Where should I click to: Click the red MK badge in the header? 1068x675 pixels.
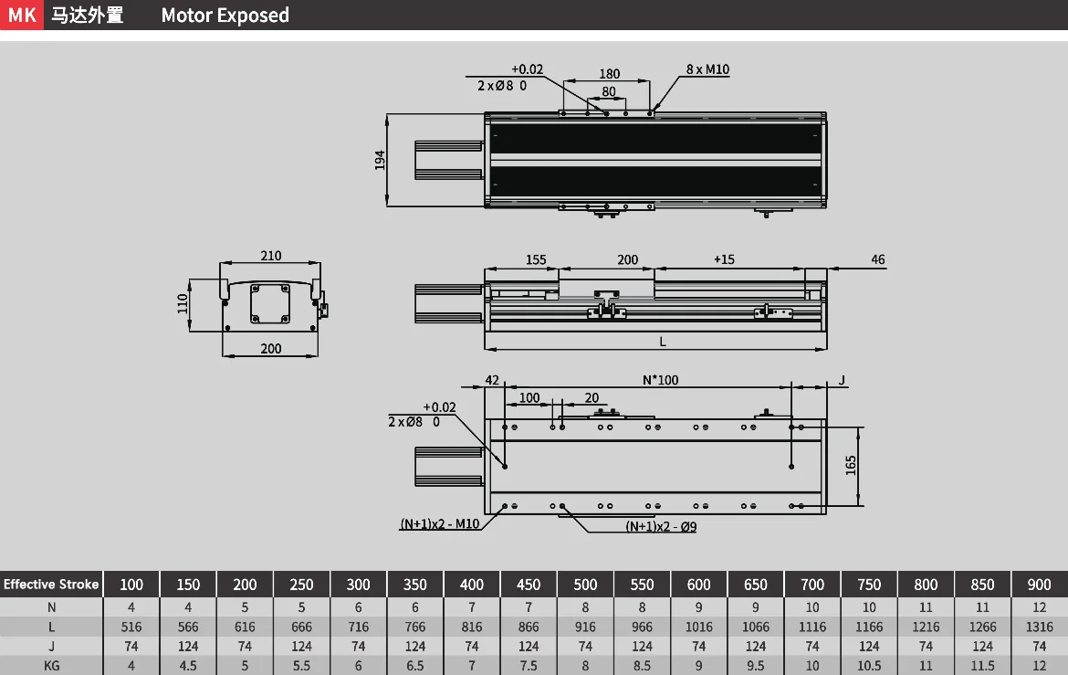pyautogui.click(x=22, y=15)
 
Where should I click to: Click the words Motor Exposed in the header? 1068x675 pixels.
pyautogui.click(x=225, y=15)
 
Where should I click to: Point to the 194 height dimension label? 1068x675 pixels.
pyautogui.click(x=380, y=160)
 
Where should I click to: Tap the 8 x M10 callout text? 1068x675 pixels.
pyautogui.click(x=707, y=69)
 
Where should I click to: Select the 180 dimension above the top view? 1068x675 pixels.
pyautogui.click(x=610, y=74)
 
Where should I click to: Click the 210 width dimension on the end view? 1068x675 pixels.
pyautogui.click(x=270, y=256)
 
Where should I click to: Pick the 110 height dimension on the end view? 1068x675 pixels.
pyautogui.click(x=182, y=303)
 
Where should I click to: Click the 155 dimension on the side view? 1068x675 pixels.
pyautogui.click(x=535, y=259)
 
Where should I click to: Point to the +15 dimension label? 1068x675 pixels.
pyautogui.click(x=724, y=259)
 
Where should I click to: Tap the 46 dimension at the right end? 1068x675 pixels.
pyautogui.click(x=878, y=259)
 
